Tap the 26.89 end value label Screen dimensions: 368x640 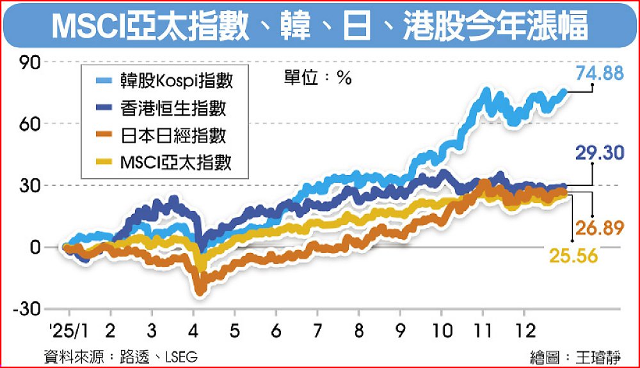[600, 228]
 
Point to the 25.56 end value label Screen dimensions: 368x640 [573, 256]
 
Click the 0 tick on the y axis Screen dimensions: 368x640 [35, 247]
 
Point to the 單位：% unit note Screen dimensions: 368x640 [318, 79]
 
